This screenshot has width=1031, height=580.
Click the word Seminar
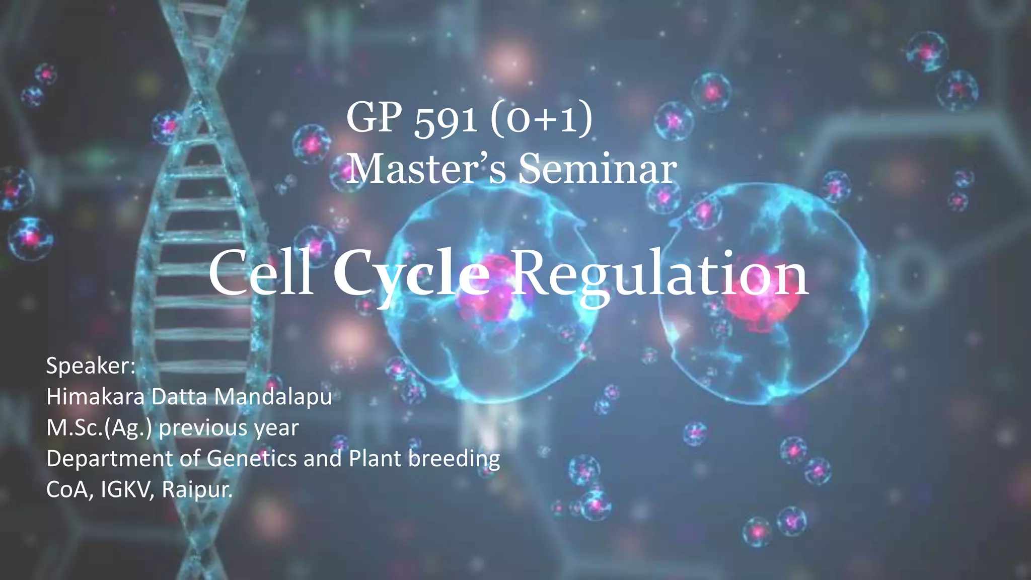[598, 169]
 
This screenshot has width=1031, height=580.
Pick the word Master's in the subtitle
[426, 169]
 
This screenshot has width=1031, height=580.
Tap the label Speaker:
[91, 366]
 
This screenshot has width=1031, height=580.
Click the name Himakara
[96, 397]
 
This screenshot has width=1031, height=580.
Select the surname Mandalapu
[273, 397]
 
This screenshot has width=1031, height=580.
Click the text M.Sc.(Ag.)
[99, 428]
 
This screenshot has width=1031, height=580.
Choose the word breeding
[454, 459]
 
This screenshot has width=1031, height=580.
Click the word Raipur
[197, 489]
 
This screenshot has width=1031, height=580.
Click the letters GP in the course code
[374, 119]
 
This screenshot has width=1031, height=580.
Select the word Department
[109, 459]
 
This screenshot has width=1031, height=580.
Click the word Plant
[375, 459]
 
